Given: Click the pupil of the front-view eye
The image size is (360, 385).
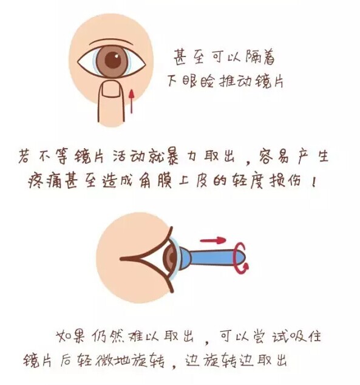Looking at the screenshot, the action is pyautogui.click(x=113, y=60).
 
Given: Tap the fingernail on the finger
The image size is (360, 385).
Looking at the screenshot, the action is pyautogui.click(x=112, y=89).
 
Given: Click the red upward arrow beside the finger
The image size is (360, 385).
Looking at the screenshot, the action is pyautogui.click(x=132, y=101).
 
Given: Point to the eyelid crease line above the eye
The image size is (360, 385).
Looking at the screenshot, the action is pyautogui.click(x=112, y=42).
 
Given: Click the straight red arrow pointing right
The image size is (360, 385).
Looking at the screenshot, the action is pyautogui.click(x=212, y=240).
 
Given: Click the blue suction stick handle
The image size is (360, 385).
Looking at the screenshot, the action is pyautogui.click(x=216, y=257).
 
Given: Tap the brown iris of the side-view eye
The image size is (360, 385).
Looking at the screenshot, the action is pyautogui.click(x=171, y=257).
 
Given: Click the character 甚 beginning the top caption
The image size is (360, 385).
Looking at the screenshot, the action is pyautogui.click(x=180, y=57).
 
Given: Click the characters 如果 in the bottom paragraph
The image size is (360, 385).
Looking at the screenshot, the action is pyautogui.click(x=70, y=336).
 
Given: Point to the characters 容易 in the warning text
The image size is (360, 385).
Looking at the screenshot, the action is pyautogui.click(x=274, y=156).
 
